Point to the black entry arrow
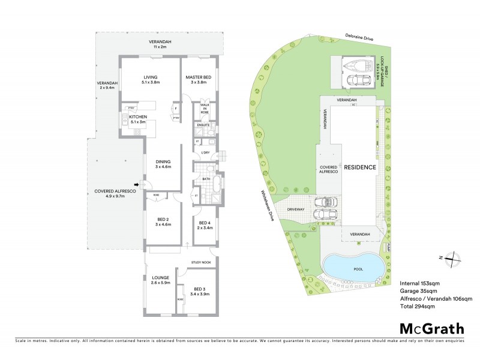(x=138, y=184)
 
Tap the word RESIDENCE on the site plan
(x=360, y=167)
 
